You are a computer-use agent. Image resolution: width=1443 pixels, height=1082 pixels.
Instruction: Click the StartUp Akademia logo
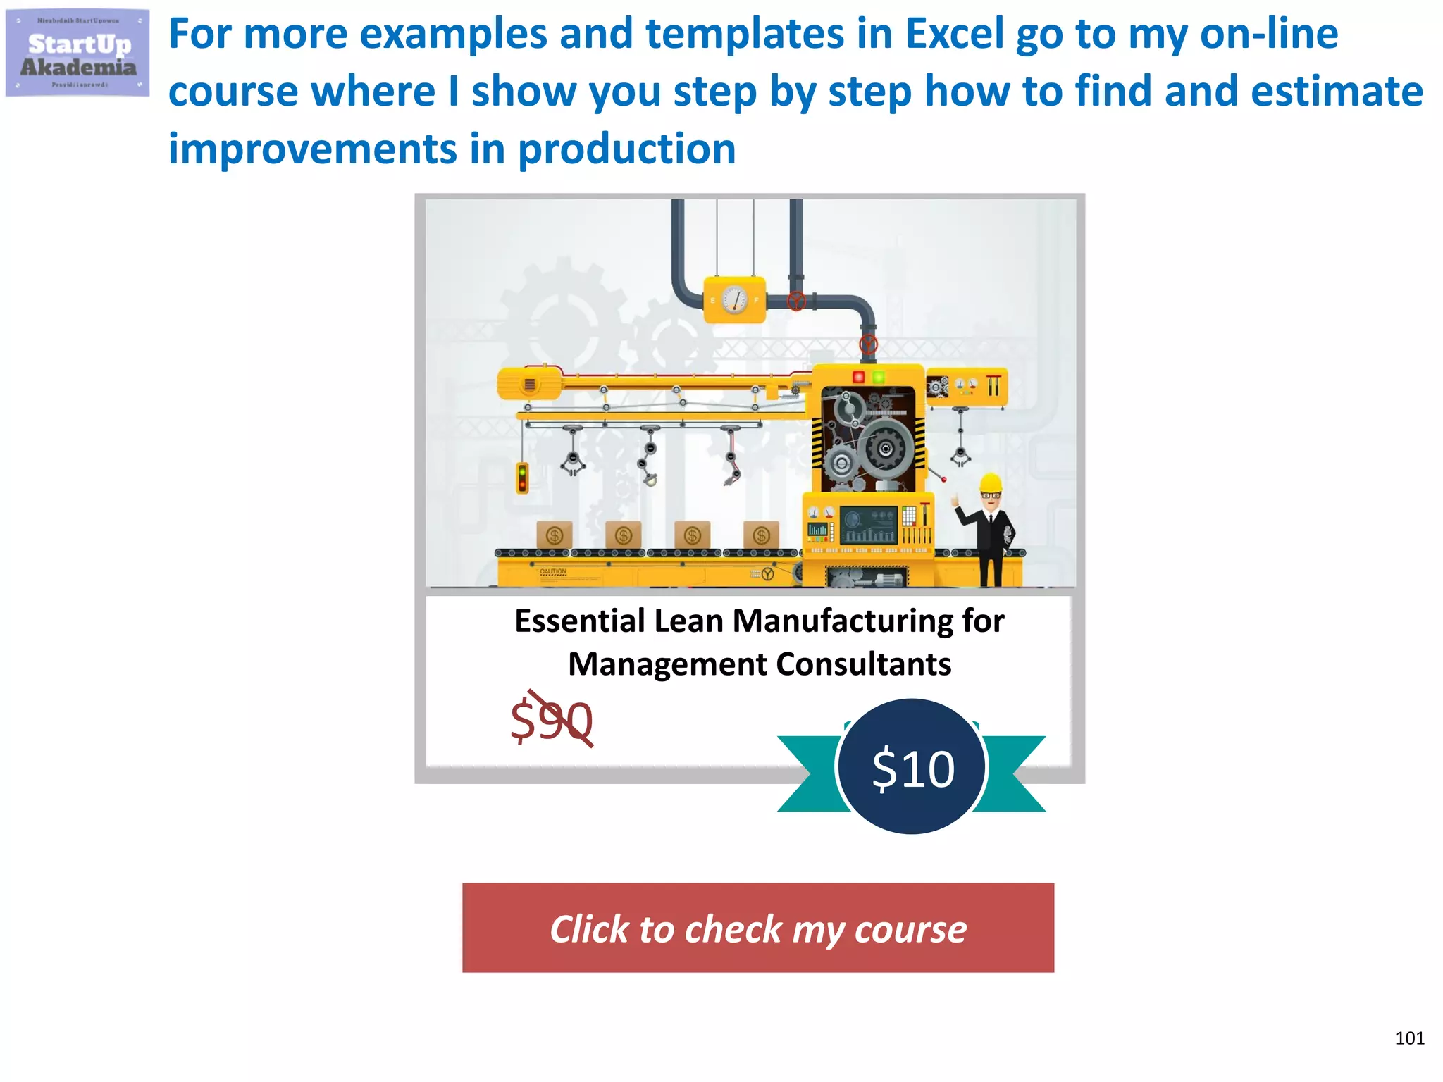tap(78, 54)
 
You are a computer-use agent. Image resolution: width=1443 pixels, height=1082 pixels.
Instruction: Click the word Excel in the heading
tap(954, 33)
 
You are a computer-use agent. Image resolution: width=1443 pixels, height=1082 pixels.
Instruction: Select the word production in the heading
tap(626, 149)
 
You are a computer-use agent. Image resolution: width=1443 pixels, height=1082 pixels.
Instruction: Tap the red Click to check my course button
tap(758, 928)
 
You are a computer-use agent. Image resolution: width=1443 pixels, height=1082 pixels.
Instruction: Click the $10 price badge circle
tap(912, 767)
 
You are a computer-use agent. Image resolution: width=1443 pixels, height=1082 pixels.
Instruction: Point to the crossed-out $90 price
tap(552, 720)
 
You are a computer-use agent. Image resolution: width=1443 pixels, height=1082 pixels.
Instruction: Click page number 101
tap(1409, 1038)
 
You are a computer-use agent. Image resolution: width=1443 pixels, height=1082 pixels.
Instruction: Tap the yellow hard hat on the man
tap(991, 483)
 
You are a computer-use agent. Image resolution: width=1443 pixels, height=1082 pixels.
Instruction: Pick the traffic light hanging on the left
tap(522, 478)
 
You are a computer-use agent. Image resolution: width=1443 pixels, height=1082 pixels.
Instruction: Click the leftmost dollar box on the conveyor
tap(555, 535)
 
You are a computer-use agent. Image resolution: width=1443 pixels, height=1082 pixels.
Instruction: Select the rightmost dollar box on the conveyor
tap(761, 535)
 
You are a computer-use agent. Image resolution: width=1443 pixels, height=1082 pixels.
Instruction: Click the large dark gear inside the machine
tap(885, 448)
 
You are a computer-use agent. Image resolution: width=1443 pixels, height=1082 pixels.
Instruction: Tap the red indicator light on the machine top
tap(858, 377)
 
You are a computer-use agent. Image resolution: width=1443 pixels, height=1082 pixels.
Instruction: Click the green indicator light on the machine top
tap(879, 377)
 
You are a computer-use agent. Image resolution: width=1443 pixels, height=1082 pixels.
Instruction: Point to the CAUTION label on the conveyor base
tap(553, 571)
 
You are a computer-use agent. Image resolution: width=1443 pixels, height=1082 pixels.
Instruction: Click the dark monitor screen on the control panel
tap(868, 525)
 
